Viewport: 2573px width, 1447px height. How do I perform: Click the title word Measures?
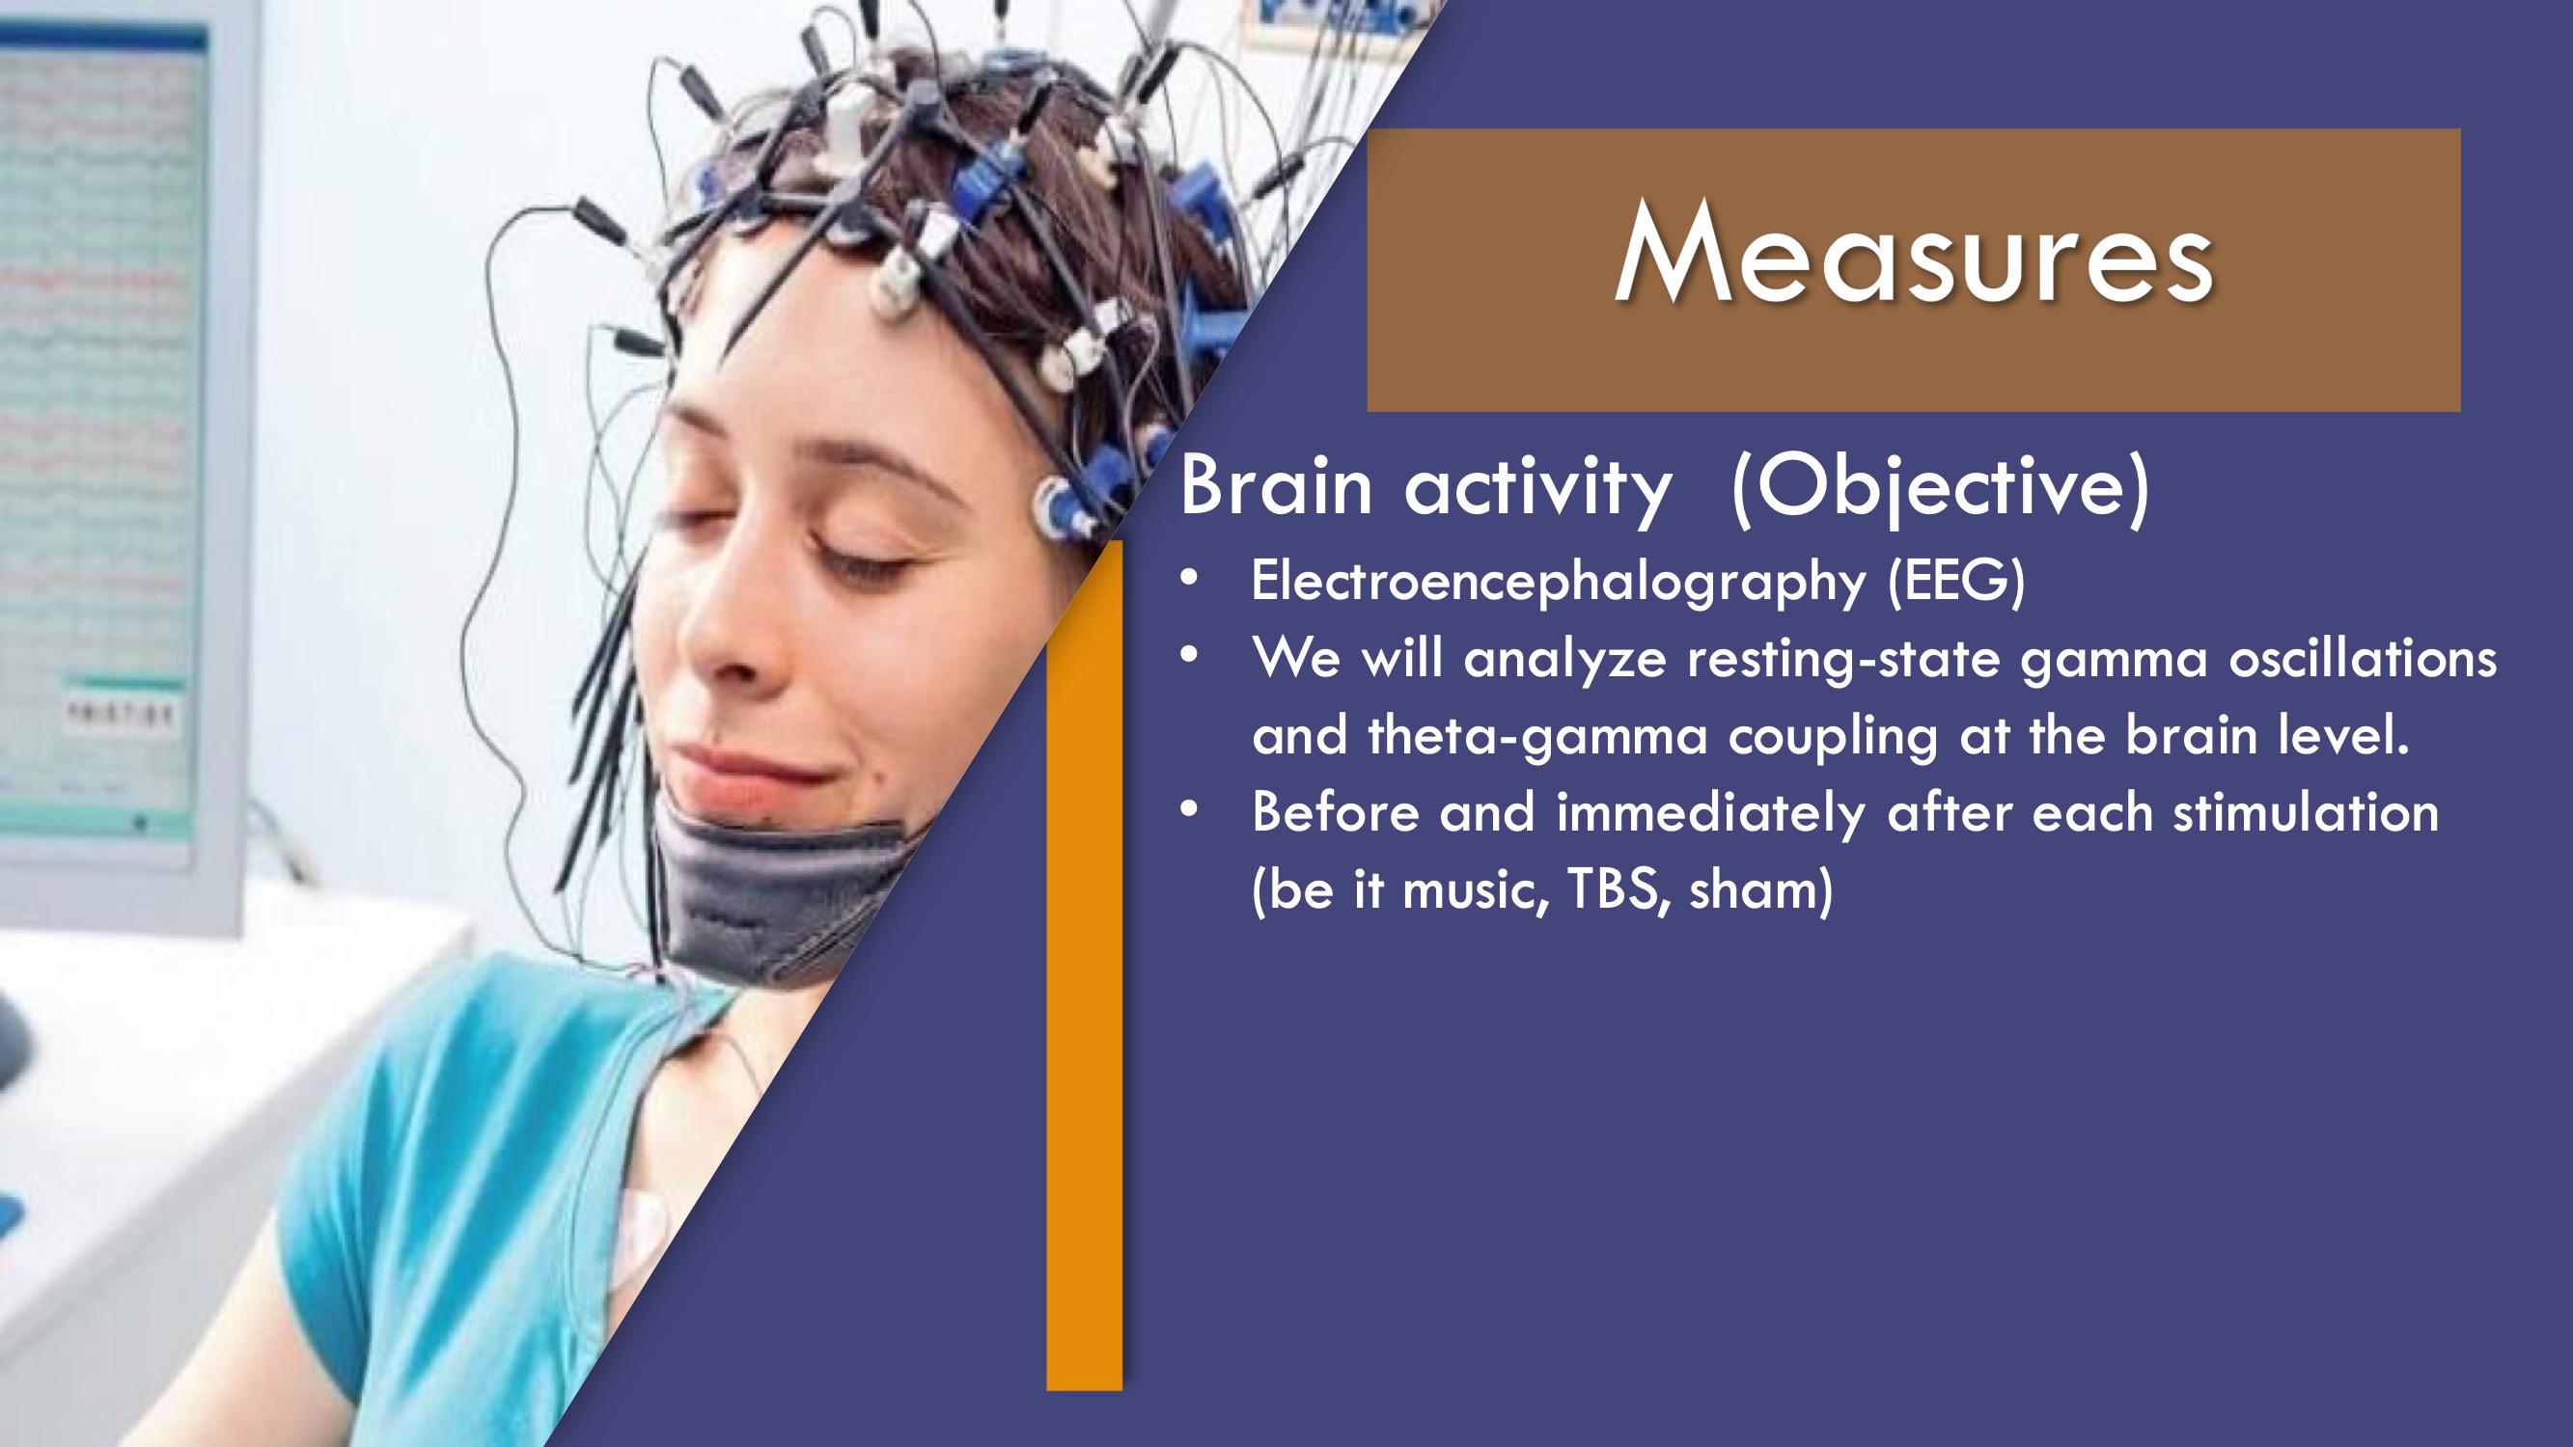coord(1914,252)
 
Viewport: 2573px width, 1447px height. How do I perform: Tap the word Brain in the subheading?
coord(1277,485)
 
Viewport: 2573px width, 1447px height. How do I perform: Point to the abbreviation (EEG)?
coord(1955,581)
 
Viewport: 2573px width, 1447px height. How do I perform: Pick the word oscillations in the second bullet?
coord(2363,659)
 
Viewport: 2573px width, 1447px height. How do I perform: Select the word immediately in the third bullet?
coord(1711,813)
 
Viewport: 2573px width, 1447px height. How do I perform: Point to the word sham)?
coord(1761,888)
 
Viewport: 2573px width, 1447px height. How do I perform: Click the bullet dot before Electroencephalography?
coord(1189,577)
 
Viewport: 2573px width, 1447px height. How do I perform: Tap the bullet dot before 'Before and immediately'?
coord(1189,809)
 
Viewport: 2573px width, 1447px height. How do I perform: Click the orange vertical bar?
coord(1085,965)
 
